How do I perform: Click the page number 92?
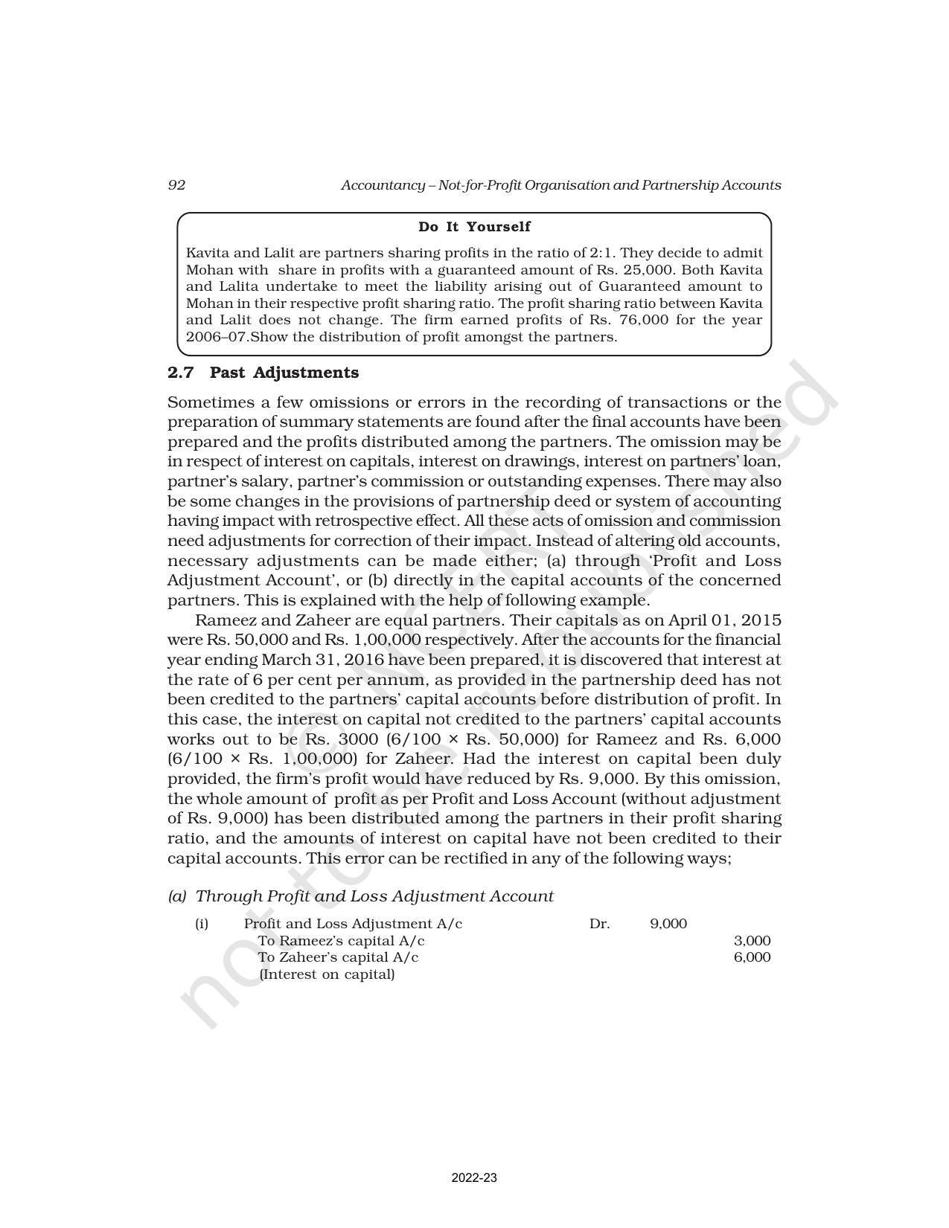click(x=176, y=185)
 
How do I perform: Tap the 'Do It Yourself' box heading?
click(x=474, y=227)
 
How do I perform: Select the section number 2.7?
click(x=181, y=373)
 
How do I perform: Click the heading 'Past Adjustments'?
click(x=284, y=373)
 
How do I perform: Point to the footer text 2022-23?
click(x=474, y=1178)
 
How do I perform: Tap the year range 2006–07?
click(x=215, y=337)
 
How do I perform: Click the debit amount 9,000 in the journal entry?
click(x=668, y=924)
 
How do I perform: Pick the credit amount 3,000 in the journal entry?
click(x=752, y=941)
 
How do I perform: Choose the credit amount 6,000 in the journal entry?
click(x=752, y=957)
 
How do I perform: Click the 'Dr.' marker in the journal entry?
click(x=599, y=924)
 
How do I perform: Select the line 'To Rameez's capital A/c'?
click(x=341, y=941)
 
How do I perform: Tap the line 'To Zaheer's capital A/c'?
click(x=338, y=957)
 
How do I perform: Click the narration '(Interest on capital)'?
click(x=327, y=974)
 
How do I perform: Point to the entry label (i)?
click(x=202, y=924)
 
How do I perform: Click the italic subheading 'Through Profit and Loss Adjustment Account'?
click(x=374, y=896)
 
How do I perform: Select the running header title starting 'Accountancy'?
click(x=560, y=185)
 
